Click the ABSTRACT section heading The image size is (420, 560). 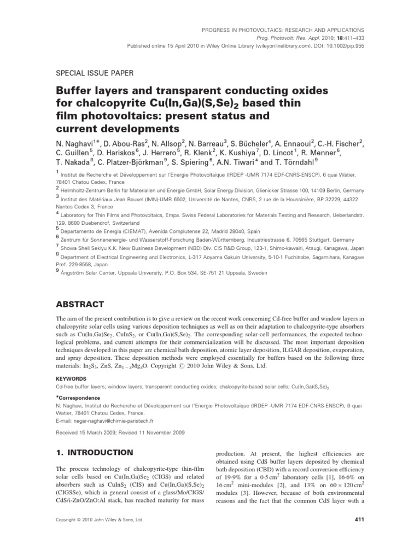pyautogui.click(x=80, y=304)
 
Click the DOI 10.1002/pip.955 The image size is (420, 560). pyautogui.click(x=337, y=46)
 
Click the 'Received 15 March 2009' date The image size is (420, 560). pyautogui.click(x=88, y=432)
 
